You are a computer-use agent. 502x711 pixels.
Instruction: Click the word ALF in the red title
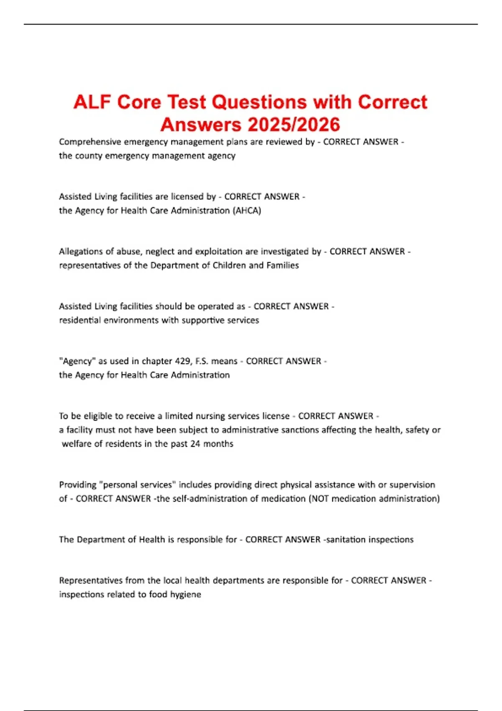coord(92,102)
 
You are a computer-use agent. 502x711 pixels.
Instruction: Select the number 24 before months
coord(195,444)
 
